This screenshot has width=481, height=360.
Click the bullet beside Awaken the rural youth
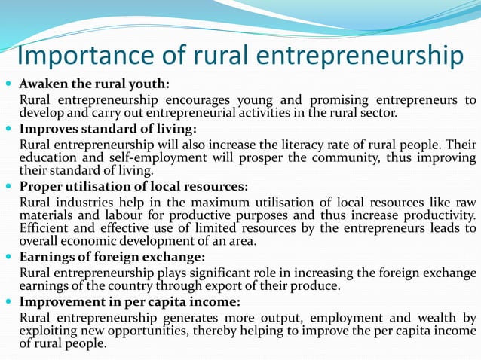click(8, 84)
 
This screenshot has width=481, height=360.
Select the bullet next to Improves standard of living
click(8, 128)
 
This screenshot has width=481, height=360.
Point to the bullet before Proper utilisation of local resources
click(8, 185)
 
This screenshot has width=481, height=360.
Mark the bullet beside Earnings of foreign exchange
click(8, 257)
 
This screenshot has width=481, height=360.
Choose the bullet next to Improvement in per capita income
click(8, 302)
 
